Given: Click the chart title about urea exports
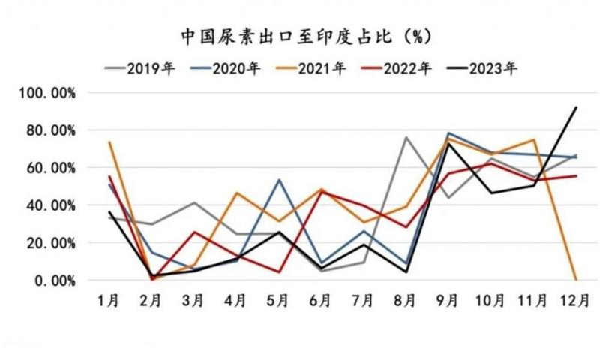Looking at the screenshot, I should click(x=306, y=35).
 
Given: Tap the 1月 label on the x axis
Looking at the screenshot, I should click(x=109, y=300).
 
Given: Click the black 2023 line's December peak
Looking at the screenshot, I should click(x=576, y=107).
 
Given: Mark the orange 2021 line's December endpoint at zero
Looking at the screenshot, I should click(x=576, y=280).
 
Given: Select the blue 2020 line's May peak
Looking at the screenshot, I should click(x=278, y=180).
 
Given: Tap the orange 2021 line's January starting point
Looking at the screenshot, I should click(x=109, y=142).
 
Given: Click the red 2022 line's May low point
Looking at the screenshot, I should click(x=278, y=271).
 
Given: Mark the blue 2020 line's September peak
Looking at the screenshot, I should click(x=448, y=133).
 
